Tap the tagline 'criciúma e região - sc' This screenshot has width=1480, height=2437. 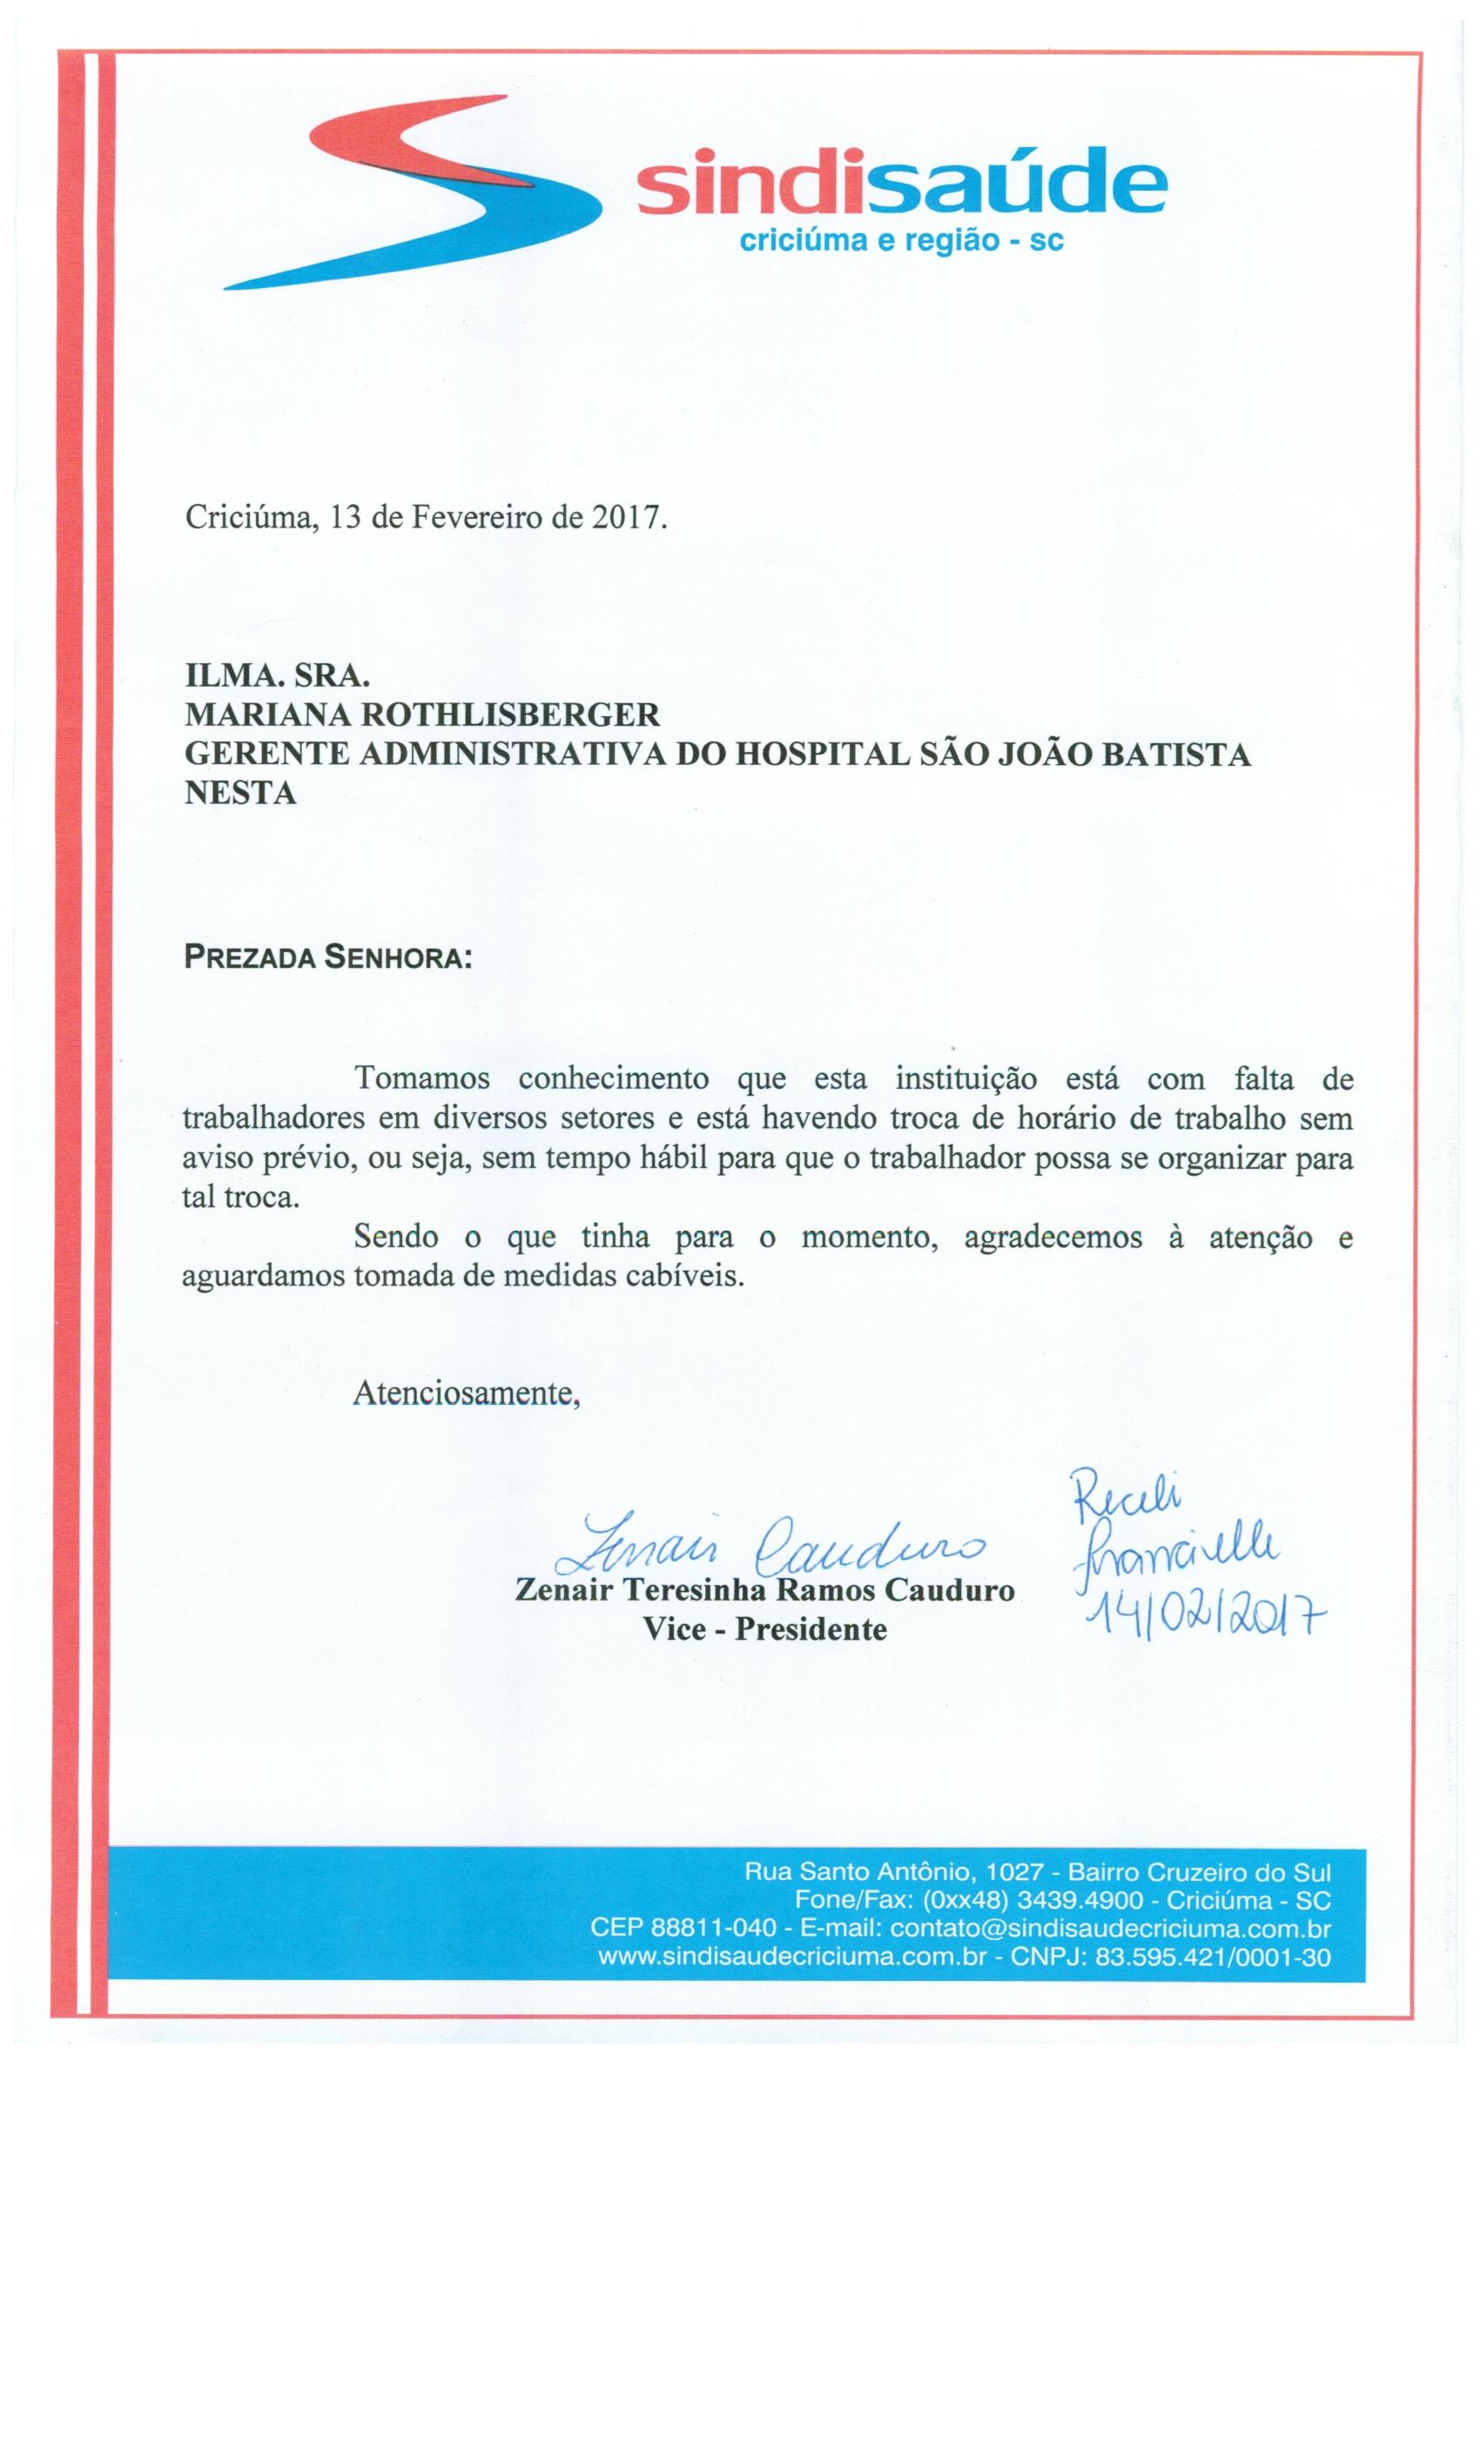(901, 240)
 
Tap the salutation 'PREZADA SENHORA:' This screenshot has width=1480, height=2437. (327, 958)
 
